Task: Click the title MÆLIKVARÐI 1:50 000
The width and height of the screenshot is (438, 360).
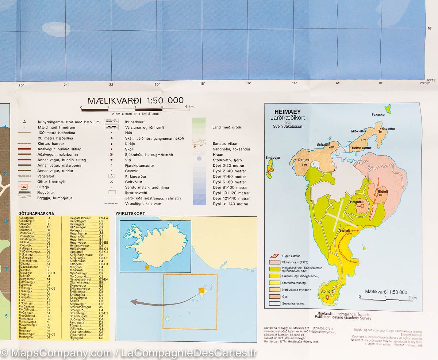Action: pos(135,100)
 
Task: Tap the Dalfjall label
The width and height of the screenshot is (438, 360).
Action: pos(304,160)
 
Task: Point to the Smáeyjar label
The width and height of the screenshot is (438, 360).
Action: pos(273,157)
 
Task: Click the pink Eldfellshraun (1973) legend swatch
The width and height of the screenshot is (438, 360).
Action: pos(274,262)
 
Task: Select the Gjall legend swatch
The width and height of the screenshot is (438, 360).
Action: pos(274,296)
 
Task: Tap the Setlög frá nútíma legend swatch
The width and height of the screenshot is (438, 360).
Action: pos(274,303)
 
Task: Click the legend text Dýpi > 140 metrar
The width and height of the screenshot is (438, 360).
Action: pos(231,204)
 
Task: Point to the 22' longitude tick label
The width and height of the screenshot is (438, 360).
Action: pos(112,85)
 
